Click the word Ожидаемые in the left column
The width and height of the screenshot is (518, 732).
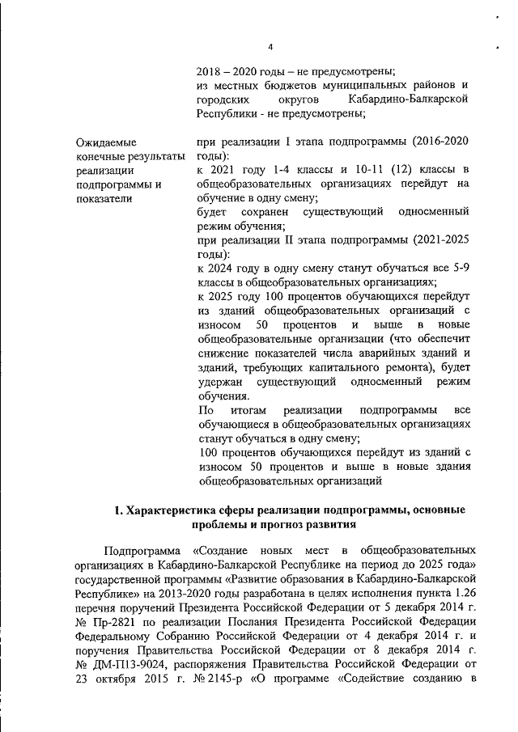[x=105, y=142]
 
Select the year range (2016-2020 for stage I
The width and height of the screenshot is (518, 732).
[x=440, y=142]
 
